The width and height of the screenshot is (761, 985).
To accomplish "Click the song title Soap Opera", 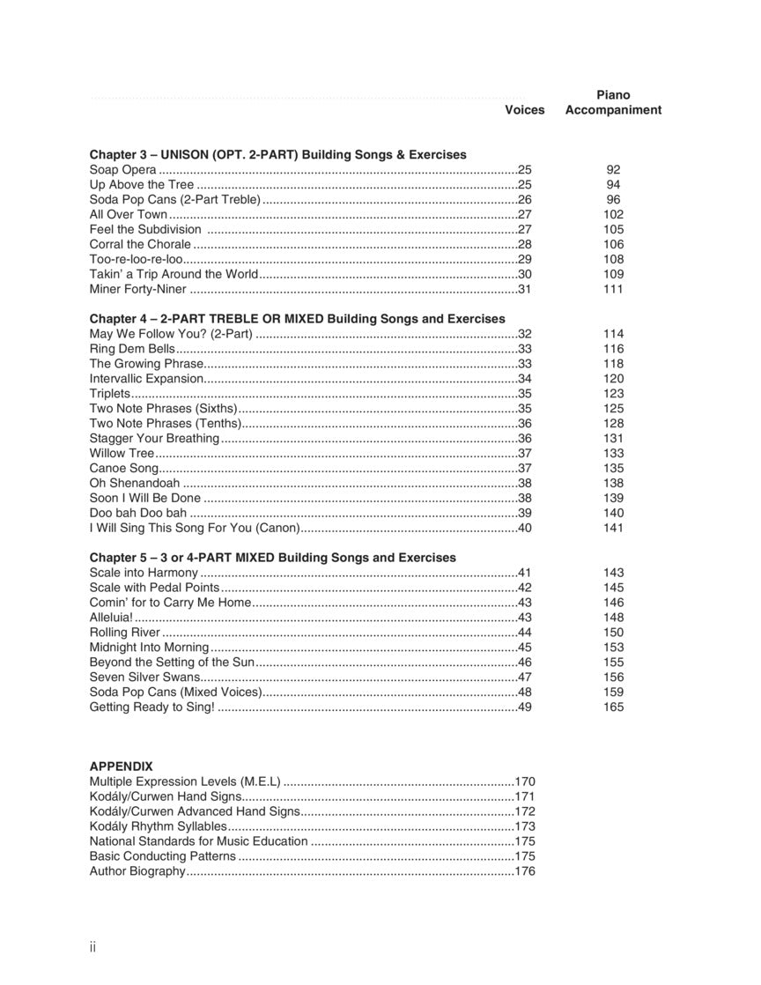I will [x=123, y=170].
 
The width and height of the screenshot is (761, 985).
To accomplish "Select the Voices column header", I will [x=524, y=110].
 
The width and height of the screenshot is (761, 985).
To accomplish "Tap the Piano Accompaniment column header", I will [x=613, y=102].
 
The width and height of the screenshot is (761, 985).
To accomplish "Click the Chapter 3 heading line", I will [x=277, y=155].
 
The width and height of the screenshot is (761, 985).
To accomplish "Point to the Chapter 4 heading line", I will [x=297, y=319].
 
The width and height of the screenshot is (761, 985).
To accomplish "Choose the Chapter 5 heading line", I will [x=272, y=558].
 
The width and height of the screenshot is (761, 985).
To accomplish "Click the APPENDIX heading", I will [x=121, y=767].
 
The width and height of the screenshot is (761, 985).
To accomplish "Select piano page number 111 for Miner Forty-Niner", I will [x=613, y=289].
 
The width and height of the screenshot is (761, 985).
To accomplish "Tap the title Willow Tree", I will [x=122, y=454].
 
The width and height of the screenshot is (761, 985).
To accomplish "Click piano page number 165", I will [x=613, y=707].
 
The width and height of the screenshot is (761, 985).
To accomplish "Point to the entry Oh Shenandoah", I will [x=135, y=484].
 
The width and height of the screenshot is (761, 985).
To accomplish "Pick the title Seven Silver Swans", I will [x=145, y=678].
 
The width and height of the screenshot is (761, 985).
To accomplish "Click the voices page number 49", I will [x=525, y=707].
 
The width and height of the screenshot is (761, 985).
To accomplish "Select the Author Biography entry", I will [x=137, y=871].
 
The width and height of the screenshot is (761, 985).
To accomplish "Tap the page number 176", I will [x=525, y=871].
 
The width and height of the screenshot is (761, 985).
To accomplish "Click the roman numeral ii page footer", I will [x=92, y=947].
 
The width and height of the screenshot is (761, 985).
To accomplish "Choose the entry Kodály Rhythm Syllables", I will [x=159, y=826].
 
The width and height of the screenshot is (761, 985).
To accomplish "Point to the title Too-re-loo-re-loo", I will [x=136, y=260].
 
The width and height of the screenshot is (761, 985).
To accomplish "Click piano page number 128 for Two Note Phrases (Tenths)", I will [x=613, y=424].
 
